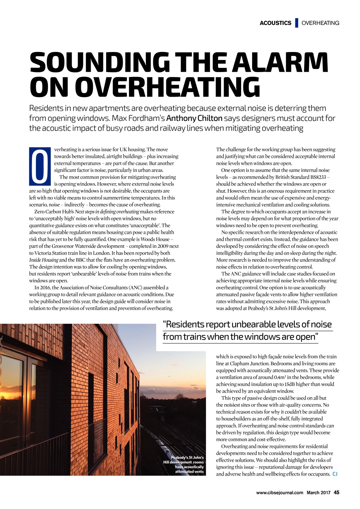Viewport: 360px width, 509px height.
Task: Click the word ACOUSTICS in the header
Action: point(275,23)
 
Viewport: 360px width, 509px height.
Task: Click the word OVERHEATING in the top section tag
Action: point(320,23)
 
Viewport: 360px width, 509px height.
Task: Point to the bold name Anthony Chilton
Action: point(194,118)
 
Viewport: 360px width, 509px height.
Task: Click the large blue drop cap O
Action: point(40,167)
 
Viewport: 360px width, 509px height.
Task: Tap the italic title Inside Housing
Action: point(44,260)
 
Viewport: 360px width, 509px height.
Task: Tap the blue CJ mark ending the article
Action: point(335,474)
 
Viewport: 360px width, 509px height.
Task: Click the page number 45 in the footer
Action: point(336,492)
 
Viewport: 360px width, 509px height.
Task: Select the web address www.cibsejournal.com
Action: point(279,492)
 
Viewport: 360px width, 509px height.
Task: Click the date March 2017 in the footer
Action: point(318,492)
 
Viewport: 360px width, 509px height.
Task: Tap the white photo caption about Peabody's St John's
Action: point(184,464)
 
